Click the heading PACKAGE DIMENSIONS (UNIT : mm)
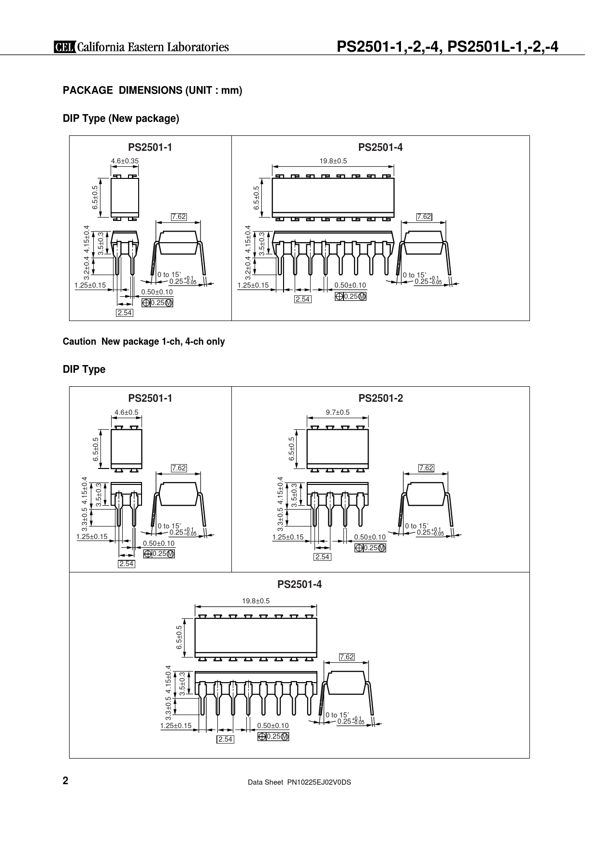point(153,90)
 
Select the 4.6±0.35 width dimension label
point(125,161)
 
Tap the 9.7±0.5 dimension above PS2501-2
point(338,412)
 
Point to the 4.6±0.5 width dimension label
point(127,412)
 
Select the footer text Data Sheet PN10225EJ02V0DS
point(299,782)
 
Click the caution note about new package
point(144,341)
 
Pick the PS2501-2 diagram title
point(381,398)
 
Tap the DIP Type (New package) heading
point(121,119)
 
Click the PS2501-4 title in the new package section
point(380,147)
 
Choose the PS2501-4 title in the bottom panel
point(299,585)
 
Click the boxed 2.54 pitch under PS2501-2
point(322,557)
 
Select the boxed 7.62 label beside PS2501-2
point(426,468)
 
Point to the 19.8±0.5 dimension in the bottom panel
point(256,601)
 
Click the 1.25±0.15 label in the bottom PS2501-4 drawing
point(176,726)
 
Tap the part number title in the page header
point(447,46)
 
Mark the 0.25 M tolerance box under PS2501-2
point(370,548)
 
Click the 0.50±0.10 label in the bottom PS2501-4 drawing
point(273,726)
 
